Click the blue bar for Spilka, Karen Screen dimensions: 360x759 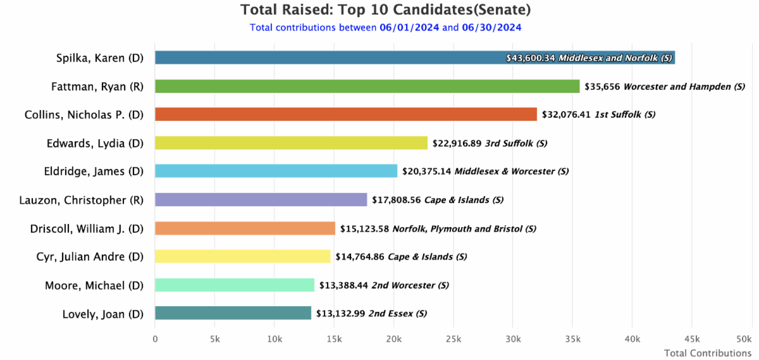pos(329,58)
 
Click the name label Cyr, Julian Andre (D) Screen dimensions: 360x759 pos(90,257)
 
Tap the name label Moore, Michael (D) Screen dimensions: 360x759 pos(94,285)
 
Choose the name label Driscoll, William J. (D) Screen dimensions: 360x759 pos(87,228)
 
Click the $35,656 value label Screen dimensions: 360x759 pos(602,87)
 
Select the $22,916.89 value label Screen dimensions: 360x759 pos(457,144)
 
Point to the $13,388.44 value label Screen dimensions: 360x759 pos(343,286)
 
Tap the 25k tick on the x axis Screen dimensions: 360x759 pos(453,339)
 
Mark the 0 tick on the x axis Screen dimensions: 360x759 pos(155,339)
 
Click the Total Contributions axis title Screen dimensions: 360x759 pos(707,353)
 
